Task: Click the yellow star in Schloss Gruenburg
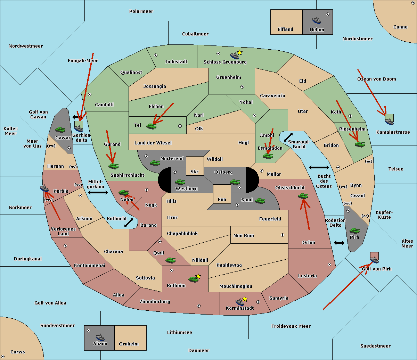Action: [239, 52]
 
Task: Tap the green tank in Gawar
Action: [60, 129]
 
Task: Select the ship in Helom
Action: [316, 20]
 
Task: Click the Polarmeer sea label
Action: [141, 11]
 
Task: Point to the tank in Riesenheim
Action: [360, 144]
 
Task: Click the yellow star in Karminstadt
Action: [245, 299]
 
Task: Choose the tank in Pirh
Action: [354, 231]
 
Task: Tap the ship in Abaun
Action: [100, 337]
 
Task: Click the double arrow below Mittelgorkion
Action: [98, 192]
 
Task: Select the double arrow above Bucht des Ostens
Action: [319, 168]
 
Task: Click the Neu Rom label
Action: [244, 235]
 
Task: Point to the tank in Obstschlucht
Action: [303, 196]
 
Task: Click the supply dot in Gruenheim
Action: [242, 87]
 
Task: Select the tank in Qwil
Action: [170, 260]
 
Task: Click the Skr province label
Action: [195, 171]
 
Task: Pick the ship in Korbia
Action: [44, 188]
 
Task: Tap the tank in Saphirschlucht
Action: [113, 166]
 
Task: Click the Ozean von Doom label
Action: [376, 79]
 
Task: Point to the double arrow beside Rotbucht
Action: [129, 223]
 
